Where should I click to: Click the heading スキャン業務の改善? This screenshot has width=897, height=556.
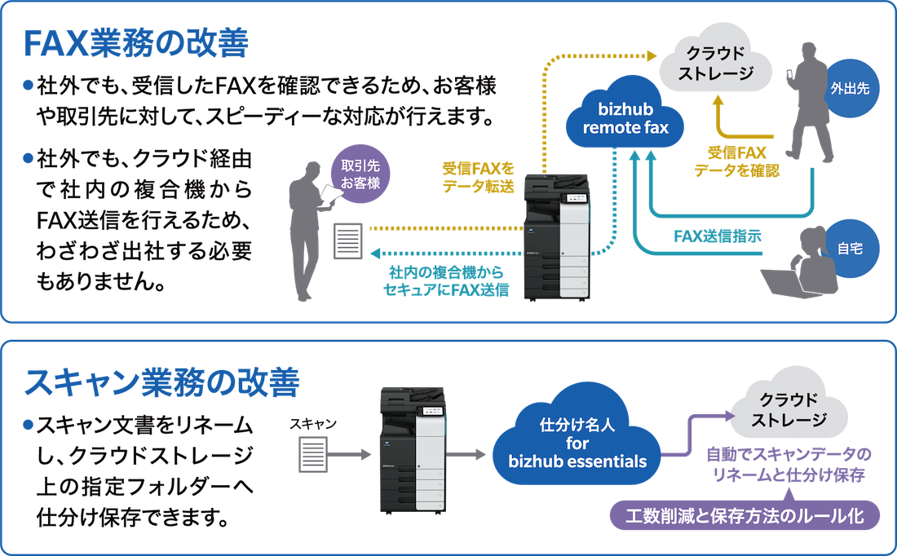(162, 383)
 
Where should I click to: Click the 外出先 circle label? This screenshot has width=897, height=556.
(851, 91)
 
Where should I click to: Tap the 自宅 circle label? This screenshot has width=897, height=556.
(849, 245)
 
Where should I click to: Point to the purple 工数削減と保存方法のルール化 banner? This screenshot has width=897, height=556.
(746, 515)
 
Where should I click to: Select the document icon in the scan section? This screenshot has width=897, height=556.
(313, 452)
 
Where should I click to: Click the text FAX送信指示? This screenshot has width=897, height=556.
(718, 236)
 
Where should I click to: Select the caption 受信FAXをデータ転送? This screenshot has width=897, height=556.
(479, 177)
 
